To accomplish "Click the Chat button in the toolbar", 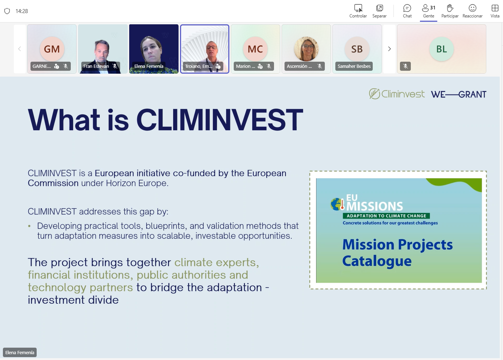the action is [407, 11].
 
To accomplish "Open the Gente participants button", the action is [429, 11].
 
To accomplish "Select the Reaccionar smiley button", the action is [473, 11].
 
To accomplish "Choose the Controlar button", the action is [358, 11].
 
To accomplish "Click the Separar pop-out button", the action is [379, 11].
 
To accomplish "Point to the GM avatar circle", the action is [52, 49].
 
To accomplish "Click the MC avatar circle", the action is [255, 49].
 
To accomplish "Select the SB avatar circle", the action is [357, 49].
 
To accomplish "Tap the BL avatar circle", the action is [441, 49].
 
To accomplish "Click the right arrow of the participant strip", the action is [389, 49].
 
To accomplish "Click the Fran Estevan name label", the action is [96, 66].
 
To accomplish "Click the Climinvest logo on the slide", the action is [397, 94].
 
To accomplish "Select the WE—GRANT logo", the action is [458, 95].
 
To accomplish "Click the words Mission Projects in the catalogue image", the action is [397, 245].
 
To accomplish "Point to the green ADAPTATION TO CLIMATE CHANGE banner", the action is [386, 216].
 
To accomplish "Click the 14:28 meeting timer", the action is [21, 11].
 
